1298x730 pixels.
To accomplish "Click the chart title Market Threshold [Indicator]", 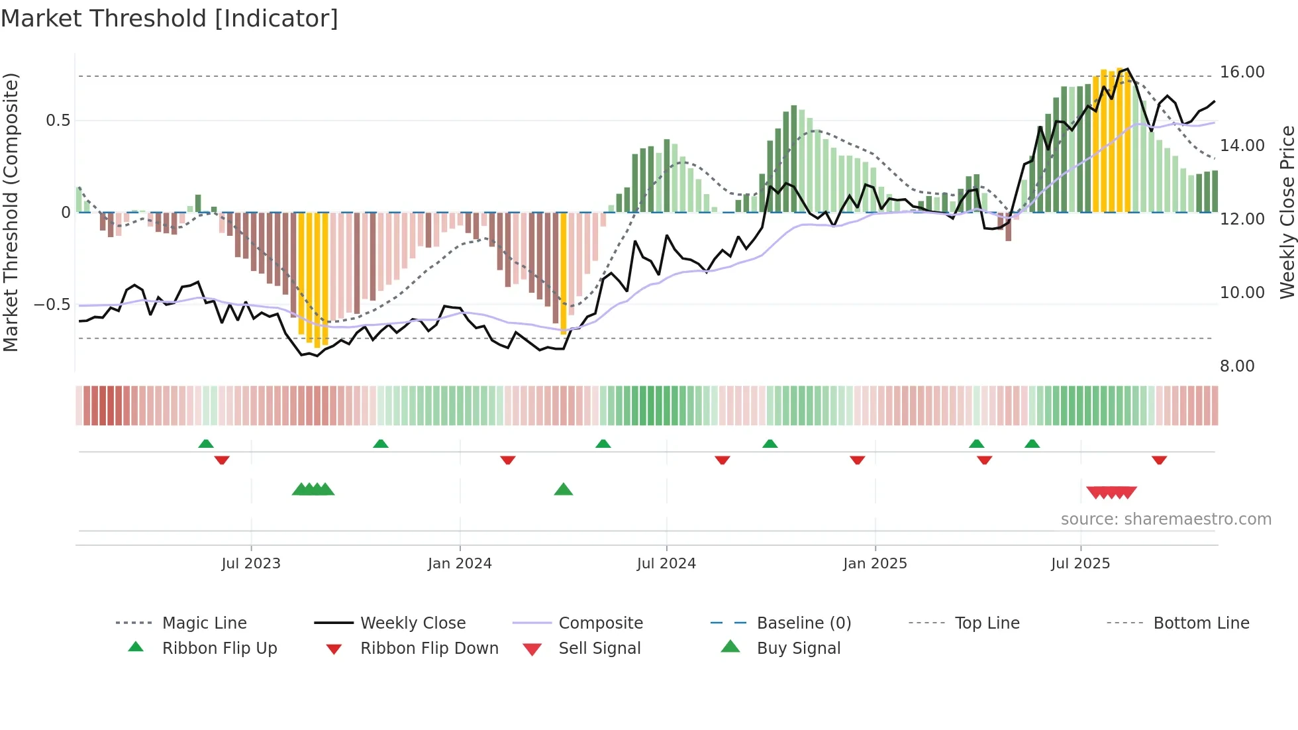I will (170, 19).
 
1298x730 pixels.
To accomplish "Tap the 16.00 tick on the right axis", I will (1242, 72).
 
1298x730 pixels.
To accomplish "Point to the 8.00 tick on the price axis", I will (1236, 366).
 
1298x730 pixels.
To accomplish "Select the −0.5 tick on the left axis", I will (52, 305).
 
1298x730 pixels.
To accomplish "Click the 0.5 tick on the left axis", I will (58, 121).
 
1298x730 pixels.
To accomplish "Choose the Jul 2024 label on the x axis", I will (666, 564).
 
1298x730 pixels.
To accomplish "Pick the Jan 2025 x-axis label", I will (875, 564).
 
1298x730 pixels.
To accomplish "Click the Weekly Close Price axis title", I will (1287, 212).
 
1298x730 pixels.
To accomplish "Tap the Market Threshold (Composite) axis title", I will (11, 212).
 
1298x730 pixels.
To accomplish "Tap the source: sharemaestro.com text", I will (1166, 519).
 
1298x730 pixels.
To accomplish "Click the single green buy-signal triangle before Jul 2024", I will (564, 490).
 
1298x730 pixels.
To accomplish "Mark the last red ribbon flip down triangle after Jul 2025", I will (1159, 460).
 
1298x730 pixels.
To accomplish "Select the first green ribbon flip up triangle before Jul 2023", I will (206, 444).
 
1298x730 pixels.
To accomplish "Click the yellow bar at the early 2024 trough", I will (564, 272).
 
